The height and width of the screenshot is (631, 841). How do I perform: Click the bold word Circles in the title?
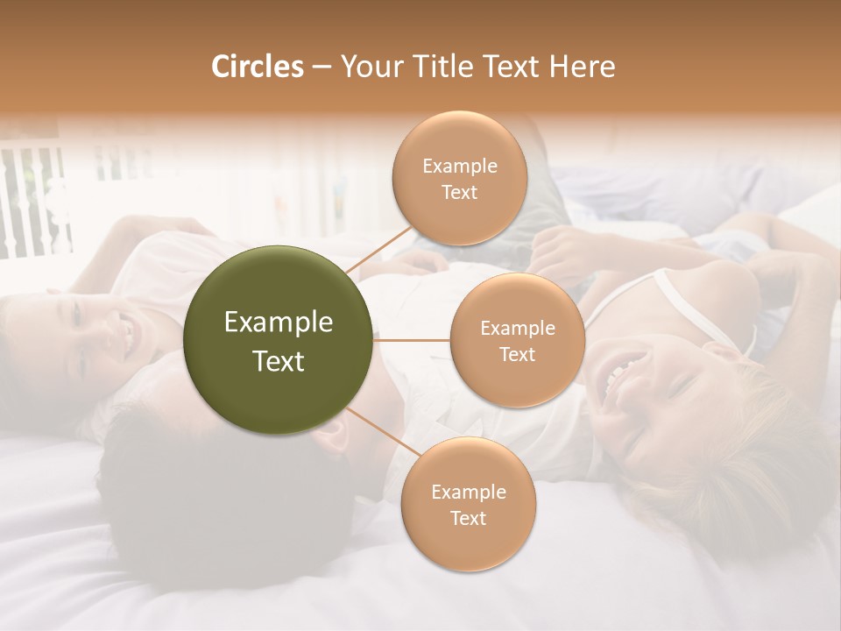pyautogui.click(x=257, y=67)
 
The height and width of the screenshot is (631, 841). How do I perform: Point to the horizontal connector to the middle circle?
pyautogui.click(x=412, y=340)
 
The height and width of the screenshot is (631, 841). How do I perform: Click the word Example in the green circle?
pyautogui.click(x=278, y=323)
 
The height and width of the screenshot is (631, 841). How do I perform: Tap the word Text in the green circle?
pyautogui.click(x=278, y=360)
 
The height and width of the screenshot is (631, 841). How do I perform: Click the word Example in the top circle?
pyautogui.click(x=459, y=166)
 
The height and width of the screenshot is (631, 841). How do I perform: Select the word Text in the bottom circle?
pyautogui.click(x=468, y=518)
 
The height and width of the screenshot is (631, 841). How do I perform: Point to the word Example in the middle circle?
pyautogui.click(x=517, y=328)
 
